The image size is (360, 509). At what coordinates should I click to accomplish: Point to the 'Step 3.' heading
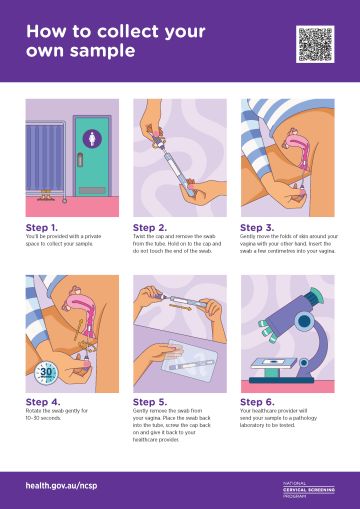(258, 227)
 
